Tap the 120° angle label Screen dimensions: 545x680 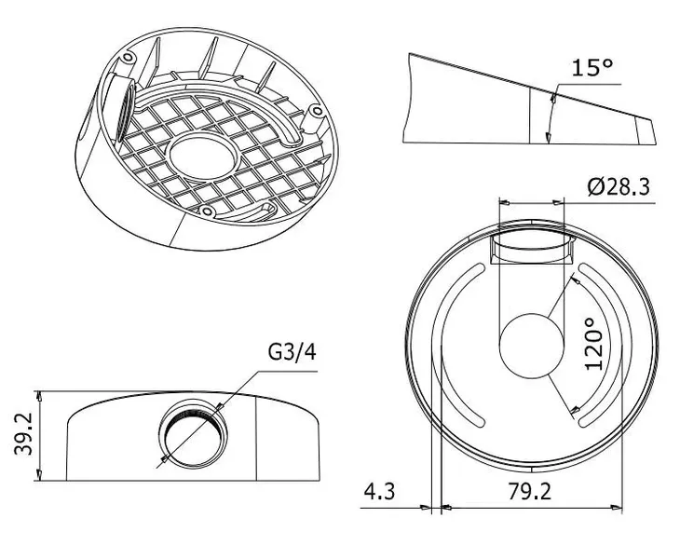pos(597,344)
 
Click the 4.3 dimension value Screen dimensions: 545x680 pos(380,492)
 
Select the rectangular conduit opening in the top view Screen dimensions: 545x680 pos(532,248)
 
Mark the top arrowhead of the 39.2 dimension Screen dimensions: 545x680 pos(38,393)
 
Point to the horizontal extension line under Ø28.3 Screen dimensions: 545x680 pos(605,198)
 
